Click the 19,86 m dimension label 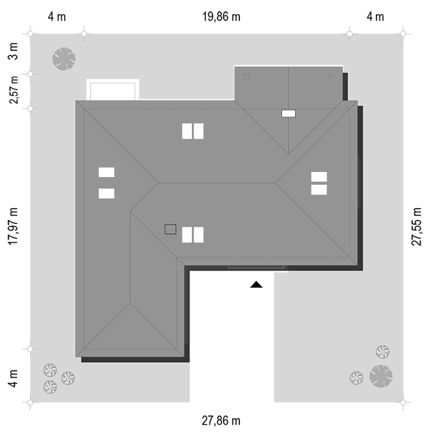tap(221, 17)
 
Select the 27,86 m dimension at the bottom tap(221, 421)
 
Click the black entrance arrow tap(256, 285)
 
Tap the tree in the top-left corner tap(63, 58)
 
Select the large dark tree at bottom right tap(381, 375)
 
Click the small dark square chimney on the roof tap(170, 229)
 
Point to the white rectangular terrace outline tap(113, 89)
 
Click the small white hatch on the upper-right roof tap(289, 113)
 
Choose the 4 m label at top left tap(56, 17)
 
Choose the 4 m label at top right tap(376, 17)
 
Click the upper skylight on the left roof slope tap(107, 172)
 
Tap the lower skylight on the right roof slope tap(319, 189)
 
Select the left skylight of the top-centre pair tap(187, 131)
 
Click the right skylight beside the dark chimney tap(198, 235)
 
